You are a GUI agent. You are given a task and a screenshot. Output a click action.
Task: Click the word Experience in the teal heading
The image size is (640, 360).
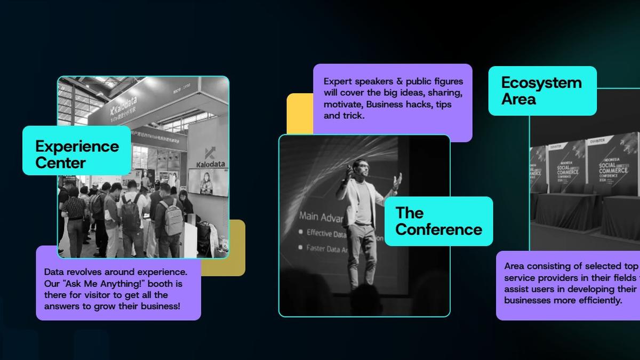pos(77,146)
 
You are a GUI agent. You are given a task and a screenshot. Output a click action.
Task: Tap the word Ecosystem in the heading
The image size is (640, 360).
pos(541,83)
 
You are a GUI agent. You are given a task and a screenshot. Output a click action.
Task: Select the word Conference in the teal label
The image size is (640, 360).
pos(438,229)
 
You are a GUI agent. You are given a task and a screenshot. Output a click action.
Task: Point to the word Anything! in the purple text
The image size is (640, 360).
pos(140,283)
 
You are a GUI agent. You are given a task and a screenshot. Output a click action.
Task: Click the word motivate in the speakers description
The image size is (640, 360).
pos(343,105)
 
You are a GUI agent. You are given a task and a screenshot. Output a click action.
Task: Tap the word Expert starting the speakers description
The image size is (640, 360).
pos(338,82)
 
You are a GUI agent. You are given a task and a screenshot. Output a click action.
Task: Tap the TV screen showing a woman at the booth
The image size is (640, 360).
pos(207,181)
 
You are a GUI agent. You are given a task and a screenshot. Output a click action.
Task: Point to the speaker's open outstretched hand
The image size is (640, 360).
pos(396,180)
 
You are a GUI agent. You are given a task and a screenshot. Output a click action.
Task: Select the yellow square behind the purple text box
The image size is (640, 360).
pos(299,113)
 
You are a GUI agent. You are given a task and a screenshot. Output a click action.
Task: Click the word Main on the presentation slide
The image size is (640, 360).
pos(310,216)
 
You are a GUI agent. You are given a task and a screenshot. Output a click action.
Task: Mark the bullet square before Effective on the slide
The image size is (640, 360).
pos(301,233)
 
